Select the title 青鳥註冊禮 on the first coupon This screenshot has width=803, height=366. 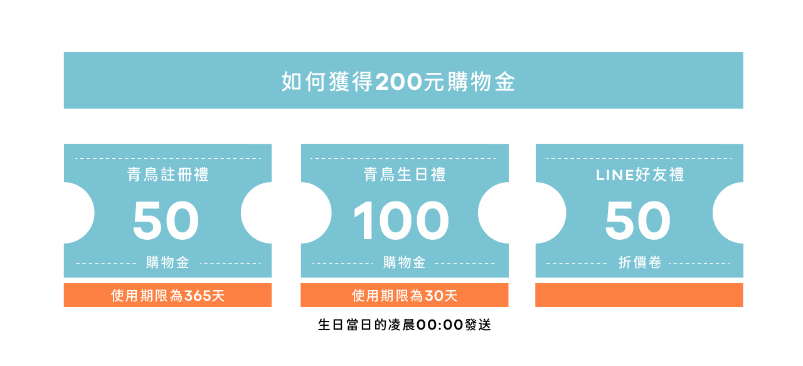pos(168,175)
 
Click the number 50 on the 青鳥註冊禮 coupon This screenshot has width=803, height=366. pos(166,221)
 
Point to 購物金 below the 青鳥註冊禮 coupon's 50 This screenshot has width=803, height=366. pos(168,262)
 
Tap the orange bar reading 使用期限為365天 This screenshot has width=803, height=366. pos(168,295)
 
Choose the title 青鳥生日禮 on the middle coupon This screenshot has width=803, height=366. pos(405,175)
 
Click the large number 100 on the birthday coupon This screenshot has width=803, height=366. pos(401,221)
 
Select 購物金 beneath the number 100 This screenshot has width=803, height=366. pos(405,262)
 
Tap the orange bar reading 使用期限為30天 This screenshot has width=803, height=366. pos(405,295)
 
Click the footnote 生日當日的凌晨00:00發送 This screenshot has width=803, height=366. pos(405,325)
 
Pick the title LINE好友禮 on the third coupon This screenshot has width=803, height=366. pos(639,175)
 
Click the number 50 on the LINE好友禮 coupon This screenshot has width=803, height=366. pos(638,221)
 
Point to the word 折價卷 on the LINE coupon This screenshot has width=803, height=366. pos(639,262)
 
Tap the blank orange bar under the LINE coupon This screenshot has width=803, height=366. pos(639,295)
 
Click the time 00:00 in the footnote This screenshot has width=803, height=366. pos(440,325)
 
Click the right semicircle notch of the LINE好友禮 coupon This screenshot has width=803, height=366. pos(730,213)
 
